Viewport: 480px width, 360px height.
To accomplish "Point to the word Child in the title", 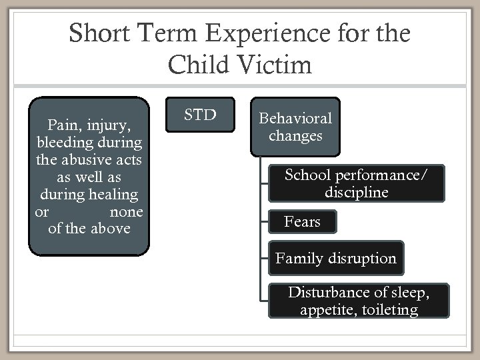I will (x=201, y=65).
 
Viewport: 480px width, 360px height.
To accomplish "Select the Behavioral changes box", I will (x=295, y=127).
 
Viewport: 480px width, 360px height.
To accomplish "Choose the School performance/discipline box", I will (x=355, y=184).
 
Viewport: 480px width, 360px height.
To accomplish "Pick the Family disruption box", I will (x=336, y=259).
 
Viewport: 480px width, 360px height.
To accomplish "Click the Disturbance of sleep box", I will (x=359, y=301).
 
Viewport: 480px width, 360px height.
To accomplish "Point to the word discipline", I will (x=355, y=193).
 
